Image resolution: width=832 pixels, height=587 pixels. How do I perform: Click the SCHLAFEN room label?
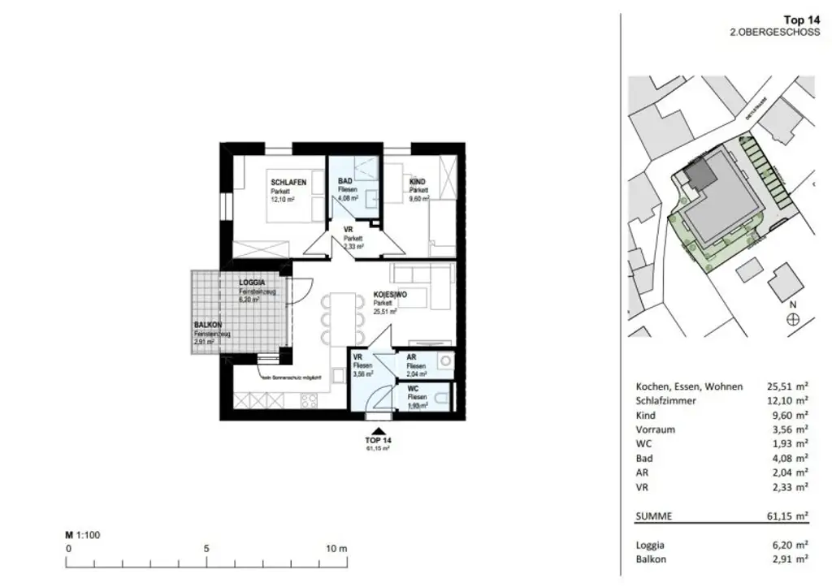pyautogui.click(x=288, y=183)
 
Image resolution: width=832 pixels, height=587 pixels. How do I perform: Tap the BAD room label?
pyautogui.click(x=344, y=182)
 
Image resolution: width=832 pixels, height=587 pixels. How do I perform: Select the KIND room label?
pyautogui.click(x=418, y=182)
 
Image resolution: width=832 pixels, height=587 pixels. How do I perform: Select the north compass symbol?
pyautogui.click(x=792, y=319)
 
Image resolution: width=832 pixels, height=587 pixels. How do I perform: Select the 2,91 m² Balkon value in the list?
pyautogui.click(x=791, y=559)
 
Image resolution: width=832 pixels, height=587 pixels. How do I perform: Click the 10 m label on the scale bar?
pyautogui.click(x=336, y=548)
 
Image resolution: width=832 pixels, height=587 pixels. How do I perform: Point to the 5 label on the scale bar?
pyautogui.click(x=206, y=548)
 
